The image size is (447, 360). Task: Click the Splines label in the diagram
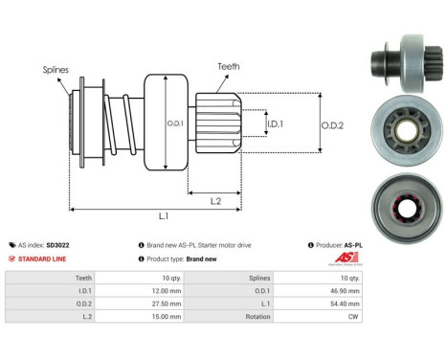click(x=56, y=69)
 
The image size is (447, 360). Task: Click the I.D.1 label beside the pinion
click(x=274, y=124)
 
